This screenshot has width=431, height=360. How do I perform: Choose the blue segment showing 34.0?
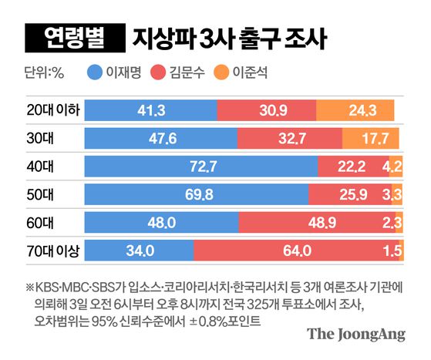(x=139, y=250)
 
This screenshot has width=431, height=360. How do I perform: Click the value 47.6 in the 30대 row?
(x=160, y=139)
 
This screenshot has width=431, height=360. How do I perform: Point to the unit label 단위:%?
(x=48, y=74)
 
